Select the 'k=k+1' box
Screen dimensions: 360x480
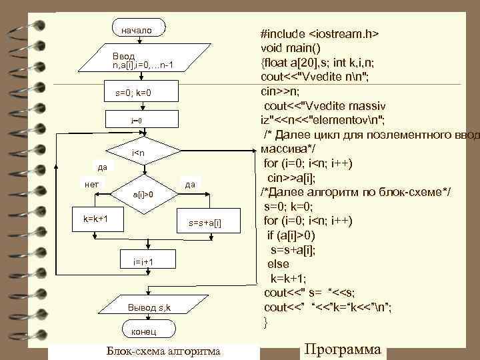(x=96, y=218)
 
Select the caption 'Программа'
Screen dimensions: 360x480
(x=342, y=349)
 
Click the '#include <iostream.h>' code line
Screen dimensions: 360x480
(x=320, y=33)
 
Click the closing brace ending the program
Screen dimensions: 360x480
(x=267, y=323)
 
